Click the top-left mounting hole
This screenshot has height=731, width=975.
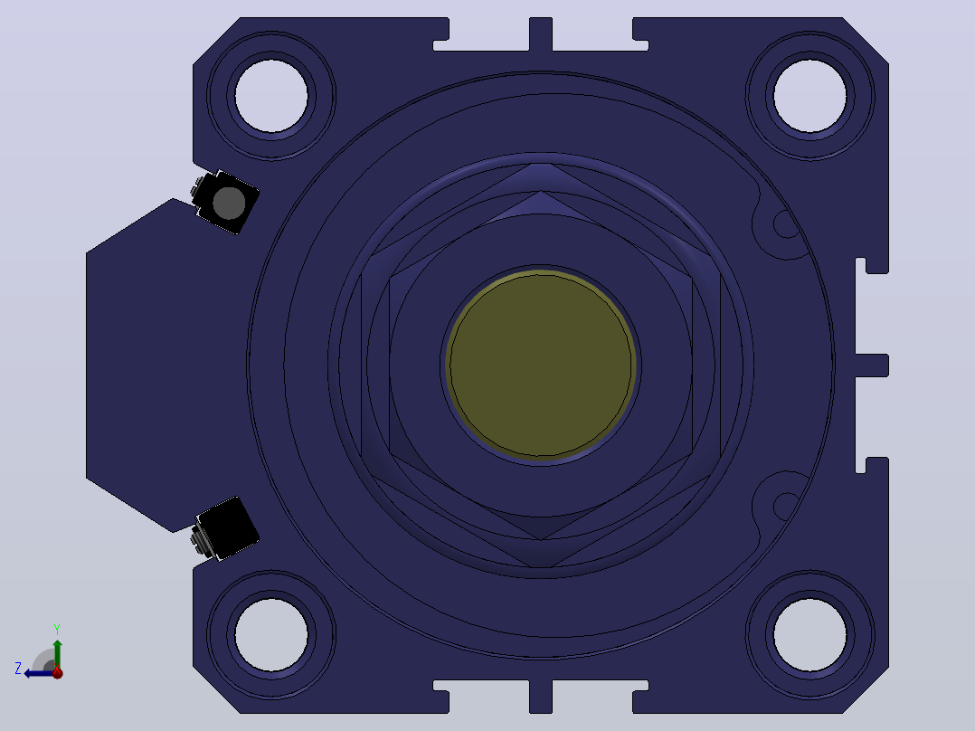click(271, 96)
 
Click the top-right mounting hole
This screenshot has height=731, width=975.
click(809, 96)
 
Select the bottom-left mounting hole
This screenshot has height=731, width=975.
click(271, 635)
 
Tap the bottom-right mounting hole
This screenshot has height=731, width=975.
click(809, 635)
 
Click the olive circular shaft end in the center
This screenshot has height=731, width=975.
click(540, 365)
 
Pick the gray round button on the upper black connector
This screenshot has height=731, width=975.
click(229, 203)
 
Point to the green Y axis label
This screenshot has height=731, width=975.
click(57, 629)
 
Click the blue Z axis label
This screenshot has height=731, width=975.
click(18, 669)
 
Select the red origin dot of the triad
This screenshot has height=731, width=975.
click(57, 672)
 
